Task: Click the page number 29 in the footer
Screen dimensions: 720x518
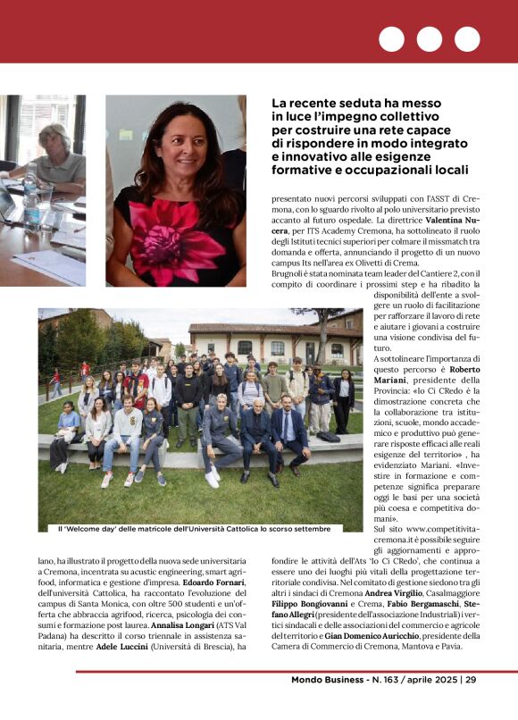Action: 471,680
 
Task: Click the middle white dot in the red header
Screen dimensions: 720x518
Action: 429,38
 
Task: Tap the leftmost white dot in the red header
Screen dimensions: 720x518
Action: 391,38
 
